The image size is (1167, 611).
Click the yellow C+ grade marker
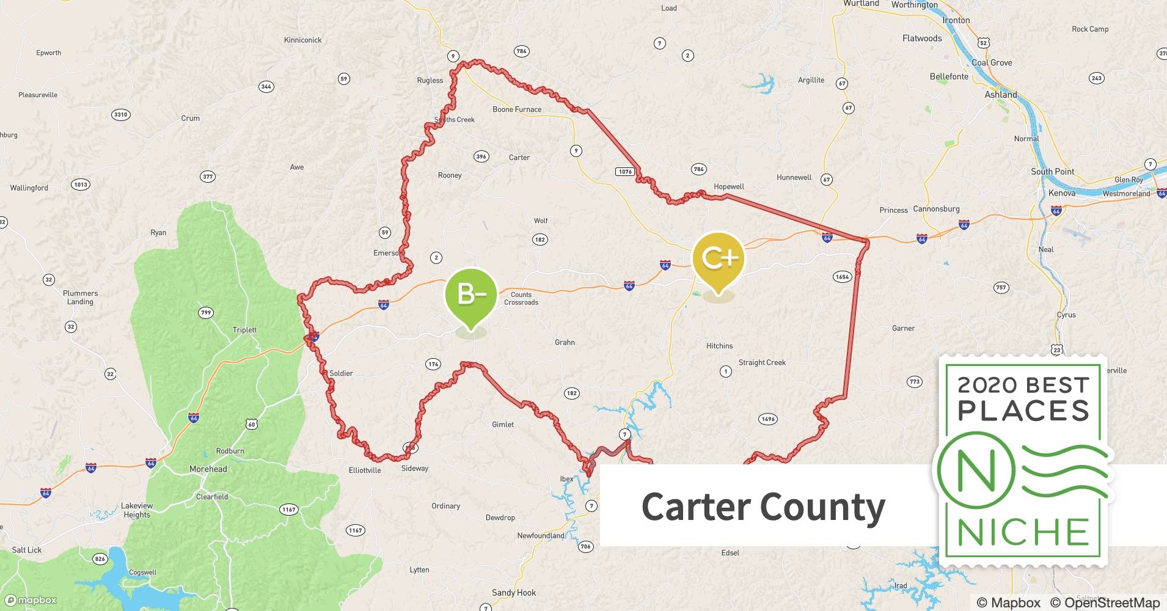pyautogui.click(x=719, y=260)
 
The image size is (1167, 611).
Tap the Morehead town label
pyautogui.click(x=208, y=469)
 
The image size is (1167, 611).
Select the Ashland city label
pyautogui.click(x=1001, y=95)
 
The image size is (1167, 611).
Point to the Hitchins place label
pyautogui.click(x=719, y=346)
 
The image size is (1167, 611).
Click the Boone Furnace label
pyautogui.click(x=517, y=109)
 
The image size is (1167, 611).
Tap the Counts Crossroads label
pyautogui.click(x=521, y=298)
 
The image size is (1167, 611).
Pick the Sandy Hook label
pyautogui.click(x=514, y=593)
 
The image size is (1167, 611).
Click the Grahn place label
pyautogui.click(x=565, y=342)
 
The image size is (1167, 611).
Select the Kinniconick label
pyautogui.click(x=302, y=40)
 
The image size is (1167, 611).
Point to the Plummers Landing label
pyautogui.click(x=80, y=298)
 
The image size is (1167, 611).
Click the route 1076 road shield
pyautogui.click(x=625, y=172)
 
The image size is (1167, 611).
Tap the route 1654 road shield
pyautogui.click(x=842, y=277)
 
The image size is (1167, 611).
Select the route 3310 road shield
pyautogui.click(x=121, y=114)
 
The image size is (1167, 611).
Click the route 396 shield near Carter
pyautogui.click(x=481, y=156)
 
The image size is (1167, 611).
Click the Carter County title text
pyautogui.click(x=763, y=507)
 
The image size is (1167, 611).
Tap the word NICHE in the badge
pyautogui.click(x=1023, y=532)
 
